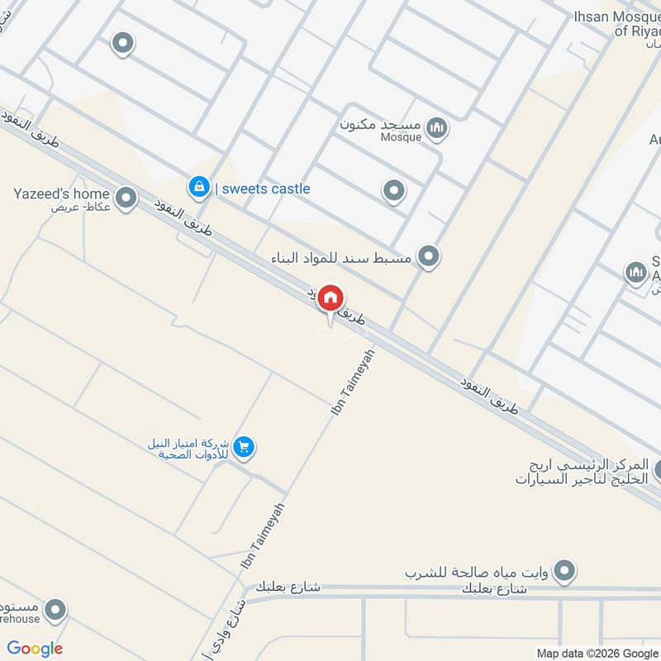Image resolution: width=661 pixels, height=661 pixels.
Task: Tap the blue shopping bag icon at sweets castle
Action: [198, 188]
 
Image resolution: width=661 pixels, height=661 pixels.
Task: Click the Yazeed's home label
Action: [62, 194]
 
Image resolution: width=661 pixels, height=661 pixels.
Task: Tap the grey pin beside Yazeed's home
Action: [126, 197]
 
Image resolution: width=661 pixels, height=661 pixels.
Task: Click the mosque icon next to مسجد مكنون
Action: [439, 126]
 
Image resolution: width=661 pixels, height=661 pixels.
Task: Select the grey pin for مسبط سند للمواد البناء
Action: [428, 257]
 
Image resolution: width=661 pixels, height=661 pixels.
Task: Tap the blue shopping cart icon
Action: [243, 447]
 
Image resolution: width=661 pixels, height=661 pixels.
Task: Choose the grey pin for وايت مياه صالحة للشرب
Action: [565, 570]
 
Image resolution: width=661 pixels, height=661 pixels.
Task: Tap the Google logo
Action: [35, 649]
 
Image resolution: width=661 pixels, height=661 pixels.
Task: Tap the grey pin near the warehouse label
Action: [55, 611]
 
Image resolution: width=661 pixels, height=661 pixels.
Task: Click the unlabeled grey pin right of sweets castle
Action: [393, 192]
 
